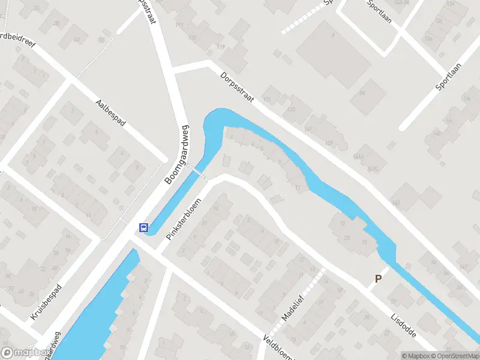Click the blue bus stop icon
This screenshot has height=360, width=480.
pos(143,227)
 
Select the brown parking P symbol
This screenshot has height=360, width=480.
pos(378,278)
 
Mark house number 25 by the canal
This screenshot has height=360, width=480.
pos(348,238)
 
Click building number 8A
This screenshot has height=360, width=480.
pos(362,93)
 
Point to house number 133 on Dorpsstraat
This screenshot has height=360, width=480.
pos(291,111)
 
